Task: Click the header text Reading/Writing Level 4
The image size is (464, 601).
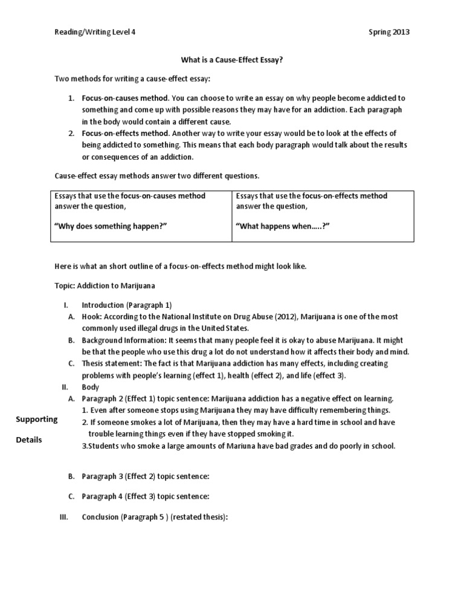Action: (x=95, y=32)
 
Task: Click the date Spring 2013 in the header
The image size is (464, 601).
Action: (x=389, y=32)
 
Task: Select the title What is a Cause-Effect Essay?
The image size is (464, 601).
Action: (x=232, y=60)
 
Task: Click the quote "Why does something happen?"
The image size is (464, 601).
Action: (x=110, y=226)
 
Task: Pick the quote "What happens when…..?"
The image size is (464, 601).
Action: (x=282, y=226)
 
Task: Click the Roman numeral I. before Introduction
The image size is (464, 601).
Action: (x=66, y=305)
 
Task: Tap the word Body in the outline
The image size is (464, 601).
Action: (x=90, y=386)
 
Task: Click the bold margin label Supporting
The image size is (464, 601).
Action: (x=36, y=419)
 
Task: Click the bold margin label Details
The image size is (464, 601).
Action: (x=29, y=440)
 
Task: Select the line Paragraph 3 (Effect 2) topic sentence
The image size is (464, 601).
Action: (x=145, y=476)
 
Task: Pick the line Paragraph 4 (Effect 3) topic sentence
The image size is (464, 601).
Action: (x=145, y=496)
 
